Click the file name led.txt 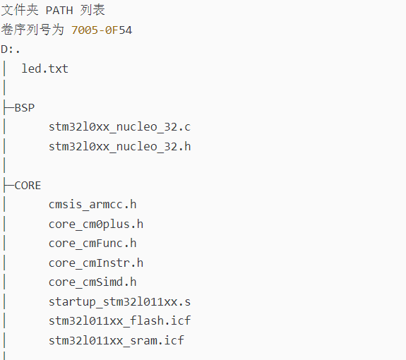[44, 69]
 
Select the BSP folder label [25, 108]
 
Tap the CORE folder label [28, 186]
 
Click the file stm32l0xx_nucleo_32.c [119, 127]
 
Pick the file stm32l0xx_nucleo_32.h [119, 147]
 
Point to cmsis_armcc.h [92, 205]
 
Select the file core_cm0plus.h [96, 224]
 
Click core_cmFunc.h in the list [92, 244]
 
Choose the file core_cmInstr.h [96, 263]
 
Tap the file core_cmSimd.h [92, 282]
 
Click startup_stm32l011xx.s [119, 302]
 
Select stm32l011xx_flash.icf [119, 321]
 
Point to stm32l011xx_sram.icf [117, 341]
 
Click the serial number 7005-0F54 [102, 30]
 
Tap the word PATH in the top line [59, 11]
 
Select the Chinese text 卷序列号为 [32, 30]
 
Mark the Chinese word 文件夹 [20, 10]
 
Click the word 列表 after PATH [92, 10]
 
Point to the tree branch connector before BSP [8, 108]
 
